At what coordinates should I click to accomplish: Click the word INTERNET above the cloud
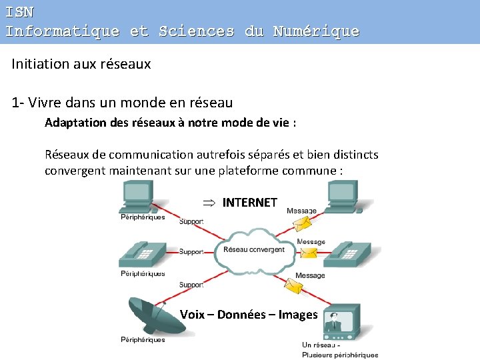(x=249, y=203)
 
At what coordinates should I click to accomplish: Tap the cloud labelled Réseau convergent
(x=253, y=251)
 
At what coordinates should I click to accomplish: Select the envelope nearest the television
(x=294, y=286)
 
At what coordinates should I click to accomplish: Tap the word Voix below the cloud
(x=193, y=315)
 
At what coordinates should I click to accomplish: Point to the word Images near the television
(x=297, y=315)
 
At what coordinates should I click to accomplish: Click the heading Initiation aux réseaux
(x=81, y=65)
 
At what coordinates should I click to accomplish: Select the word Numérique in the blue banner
(x=316, y=31)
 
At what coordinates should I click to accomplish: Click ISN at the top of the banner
(x=19, y=12)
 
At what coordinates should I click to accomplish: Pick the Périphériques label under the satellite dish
(x=143, y=340)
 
